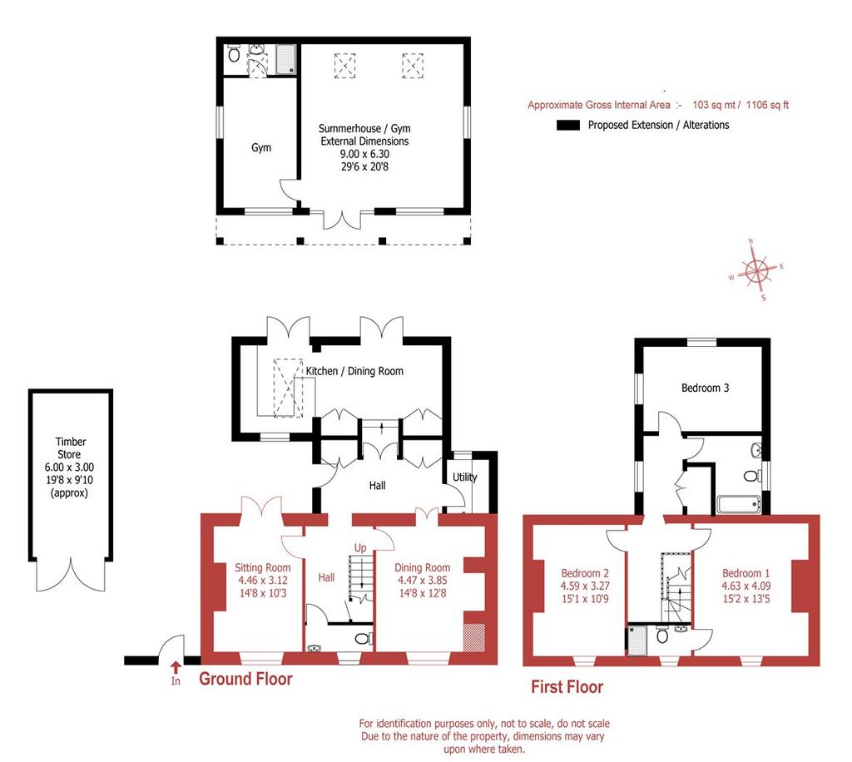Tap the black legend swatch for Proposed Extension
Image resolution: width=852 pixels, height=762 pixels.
(x=568, y=125)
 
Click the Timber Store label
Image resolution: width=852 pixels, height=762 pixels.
(x=70, y=448)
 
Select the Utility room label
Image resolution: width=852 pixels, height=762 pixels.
(x=464, y=477)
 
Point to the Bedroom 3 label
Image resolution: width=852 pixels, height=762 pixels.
(x=706, y=388)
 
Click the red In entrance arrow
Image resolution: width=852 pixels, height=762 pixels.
(x=176, y=666)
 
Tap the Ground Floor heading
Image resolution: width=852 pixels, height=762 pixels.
(x=245, y=679)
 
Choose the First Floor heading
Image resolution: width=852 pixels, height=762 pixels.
(x=567, y=687)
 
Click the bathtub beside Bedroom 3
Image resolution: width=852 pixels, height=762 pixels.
(x=739, y=504)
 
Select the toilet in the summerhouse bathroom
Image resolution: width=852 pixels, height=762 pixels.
(x=234, y=53)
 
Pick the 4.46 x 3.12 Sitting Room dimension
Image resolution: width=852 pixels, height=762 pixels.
(x=262, y=580)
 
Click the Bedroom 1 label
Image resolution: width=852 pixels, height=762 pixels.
(x=745, y=573)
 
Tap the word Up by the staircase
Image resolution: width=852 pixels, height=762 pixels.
(x=360, y=548)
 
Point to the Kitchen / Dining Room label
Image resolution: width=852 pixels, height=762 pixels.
(x=354, y=371)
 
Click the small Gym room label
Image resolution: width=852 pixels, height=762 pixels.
(x=260, y=147)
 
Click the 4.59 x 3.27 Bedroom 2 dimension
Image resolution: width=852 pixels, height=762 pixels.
(x=585, y=586)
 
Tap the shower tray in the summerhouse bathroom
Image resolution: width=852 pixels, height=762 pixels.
(x=286, y=59)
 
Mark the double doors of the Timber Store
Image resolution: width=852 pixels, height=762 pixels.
(x=70, y=575)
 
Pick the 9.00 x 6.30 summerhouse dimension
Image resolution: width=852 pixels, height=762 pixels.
(x=364, y=154)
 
